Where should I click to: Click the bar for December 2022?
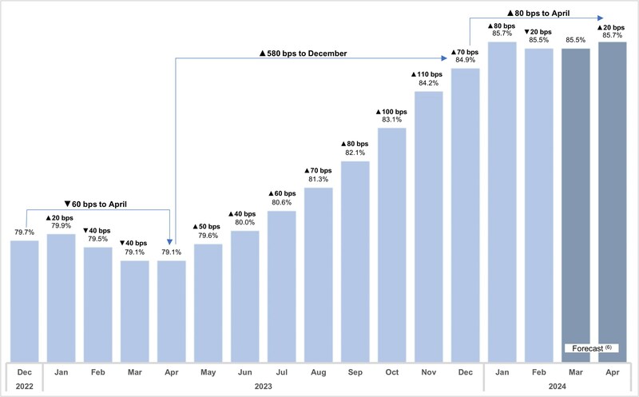pyautogui.click(x=24, y=300)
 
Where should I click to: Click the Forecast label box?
pyautogui.click(x=593, y=348)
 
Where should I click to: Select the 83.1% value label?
pyautogui.click(x=391, y=121)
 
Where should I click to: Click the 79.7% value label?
pyautogui.click(x=24, y=233)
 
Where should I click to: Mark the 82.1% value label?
pyautogui.click(x=355, y=153)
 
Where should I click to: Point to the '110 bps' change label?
pyautogui.click(x=428, y=74)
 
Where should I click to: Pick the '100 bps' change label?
pyautogui.click(x=391, y=111)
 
